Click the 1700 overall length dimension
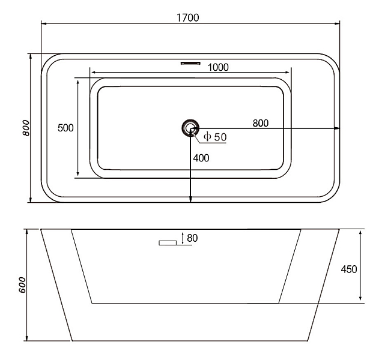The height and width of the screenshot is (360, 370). tap(188, 17)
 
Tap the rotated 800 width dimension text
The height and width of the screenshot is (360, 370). tap(26, 128)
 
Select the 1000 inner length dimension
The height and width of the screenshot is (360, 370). tap(218, 67)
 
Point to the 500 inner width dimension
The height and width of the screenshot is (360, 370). tap(65, 128)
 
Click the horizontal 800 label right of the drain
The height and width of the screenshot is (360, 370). tap(261, 123)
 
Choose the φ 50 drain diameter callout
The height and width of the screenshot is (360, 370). tap(215, 137)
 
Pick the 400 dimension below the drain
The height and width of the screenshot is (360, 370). tap(201, 158)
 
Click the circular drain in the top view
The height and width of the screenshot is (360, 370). tap(190, 128)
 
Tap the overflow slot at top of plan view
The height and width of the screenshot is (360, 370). tap(190, 63)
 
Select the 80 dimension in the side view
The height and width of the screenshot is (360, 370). tap(192, 238)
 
